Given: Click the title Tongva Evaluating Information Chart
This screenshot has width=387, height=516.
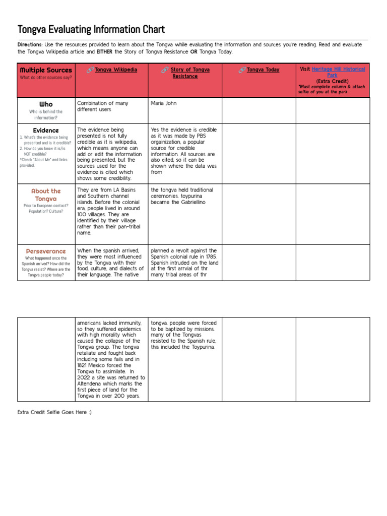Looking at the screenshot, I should click(x=91, y=30).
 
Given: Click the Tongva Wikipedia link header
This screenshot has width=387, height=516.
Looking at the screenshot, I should click(x=115, y=70).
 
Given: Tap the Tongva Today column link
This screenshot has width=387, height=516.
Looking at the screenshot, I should click(x=263, y=70).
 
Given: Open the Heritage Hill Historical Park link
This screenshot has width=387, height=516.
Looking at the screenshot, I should click(x=338, y=72).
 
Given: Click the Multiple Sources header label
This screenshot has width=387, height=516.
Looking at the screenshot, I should click(x=45, y=70).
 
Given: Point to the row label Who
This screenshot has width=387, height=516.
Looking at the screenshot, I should click(x=45, y=104).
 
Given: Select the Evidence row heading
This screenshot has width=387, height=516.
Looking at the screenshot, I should click(x=45, y=130).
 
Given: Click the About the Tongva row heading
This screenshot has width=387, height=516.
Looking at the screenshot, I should click(x=45, y=195).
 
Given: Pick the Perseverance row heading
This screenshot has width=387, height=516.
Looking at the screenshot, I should click(x=45, y=251).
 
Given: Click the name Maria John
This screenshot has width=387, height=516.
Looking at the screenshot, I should click(x=164, y=103).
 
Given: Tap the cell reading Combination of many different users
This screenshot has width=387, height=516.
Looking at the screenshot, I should click(x=102, y=106).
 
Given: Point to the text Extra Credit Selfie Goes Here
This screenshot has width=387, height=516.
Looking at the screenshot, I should click(x=54, y=413).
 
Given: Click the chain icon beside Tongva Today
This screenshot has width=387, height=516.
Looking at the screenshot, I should click(x=242, y=70).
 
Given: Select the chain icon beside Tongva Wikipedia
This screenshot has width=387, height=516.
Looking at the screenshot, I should click(x=90, y=70).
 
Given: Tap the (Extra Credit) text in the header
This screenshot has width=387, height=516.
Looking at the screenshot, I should click(x=333, y=81).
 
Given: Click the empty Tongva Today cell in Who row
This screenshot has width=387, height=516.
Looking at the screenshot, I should click(x=259, y=110).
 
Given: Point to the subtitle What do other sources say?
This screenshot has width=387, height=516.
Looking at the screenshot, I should click(x=45, y=78).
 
